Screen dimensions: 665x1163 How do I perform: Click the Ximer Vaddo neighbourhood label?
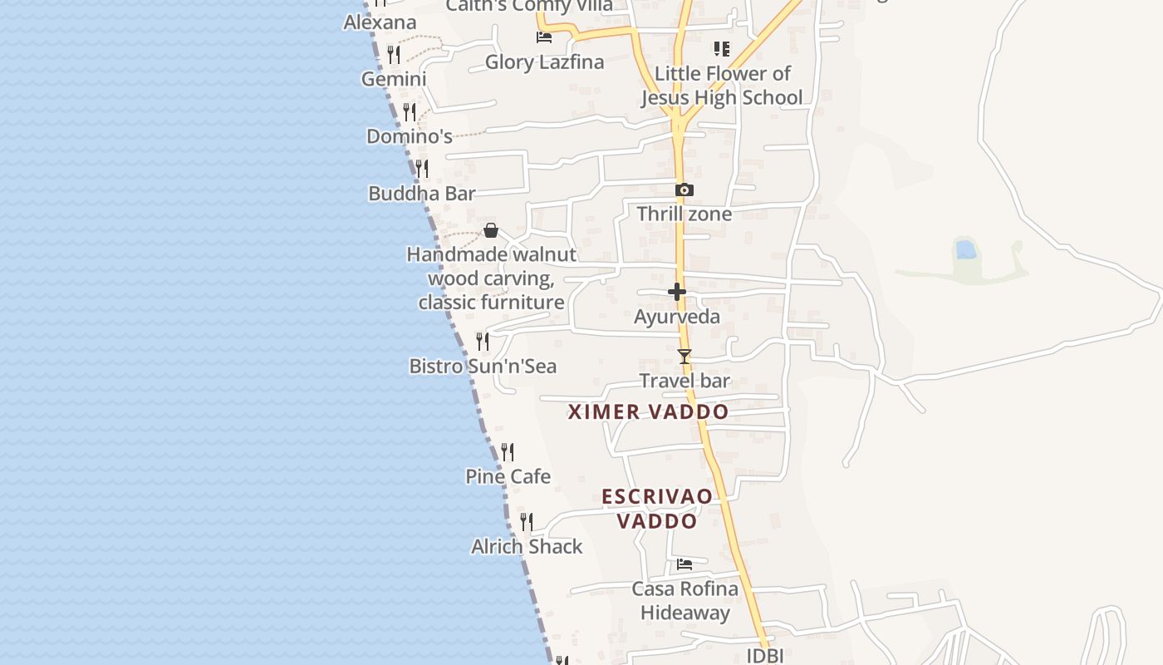pos(648,411)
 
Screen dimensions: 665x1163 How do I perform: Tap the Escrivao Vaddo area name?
pos(657,509)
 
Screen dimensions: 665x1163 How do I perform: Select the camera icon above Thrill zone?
pos(684,190)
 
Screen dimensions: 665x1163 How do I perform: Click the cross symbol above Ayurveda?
pos(677,292)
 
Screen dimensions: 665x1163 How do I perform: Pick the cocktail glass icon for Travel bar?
pos(684,357)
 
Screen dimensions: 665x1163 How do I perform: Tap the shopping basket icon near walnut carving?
pos(491,230)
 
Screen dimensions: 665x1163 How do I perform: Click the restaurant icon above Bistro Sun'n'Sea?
pos(482,341)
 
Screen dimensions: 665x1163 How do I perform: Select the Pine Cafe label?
pos(508,476)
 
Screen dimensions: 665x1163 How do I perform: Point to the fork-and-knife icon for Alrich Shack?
pos(527,522)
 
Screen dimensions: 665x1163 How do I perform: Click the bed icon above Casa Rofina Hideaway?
pos(684,564)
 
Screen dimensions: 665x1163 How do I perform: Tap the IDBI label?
pos(764,655)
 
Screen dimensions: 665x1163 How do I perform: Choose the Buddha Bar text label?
pos(422,194)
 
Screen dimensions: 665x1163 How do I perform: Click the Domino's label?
pos(409,136)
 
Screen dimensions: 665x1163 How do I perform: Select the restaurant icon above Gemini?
pos(394,55)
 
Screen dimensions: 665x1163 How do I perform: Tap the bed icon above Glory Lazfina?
pos(543,37)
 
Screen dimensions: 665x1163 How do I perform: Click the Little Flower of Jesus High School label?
pos(721,86)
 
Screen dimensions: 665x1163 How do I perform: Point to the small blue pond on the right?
pos(965,249)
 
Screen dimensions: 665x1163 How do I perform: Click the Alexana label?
pos(380,22)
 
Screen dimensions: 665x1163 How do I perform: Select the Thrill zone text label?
pos(684,214)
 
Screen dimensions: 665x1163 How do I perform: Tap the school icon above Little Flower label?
pos(721,49)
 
